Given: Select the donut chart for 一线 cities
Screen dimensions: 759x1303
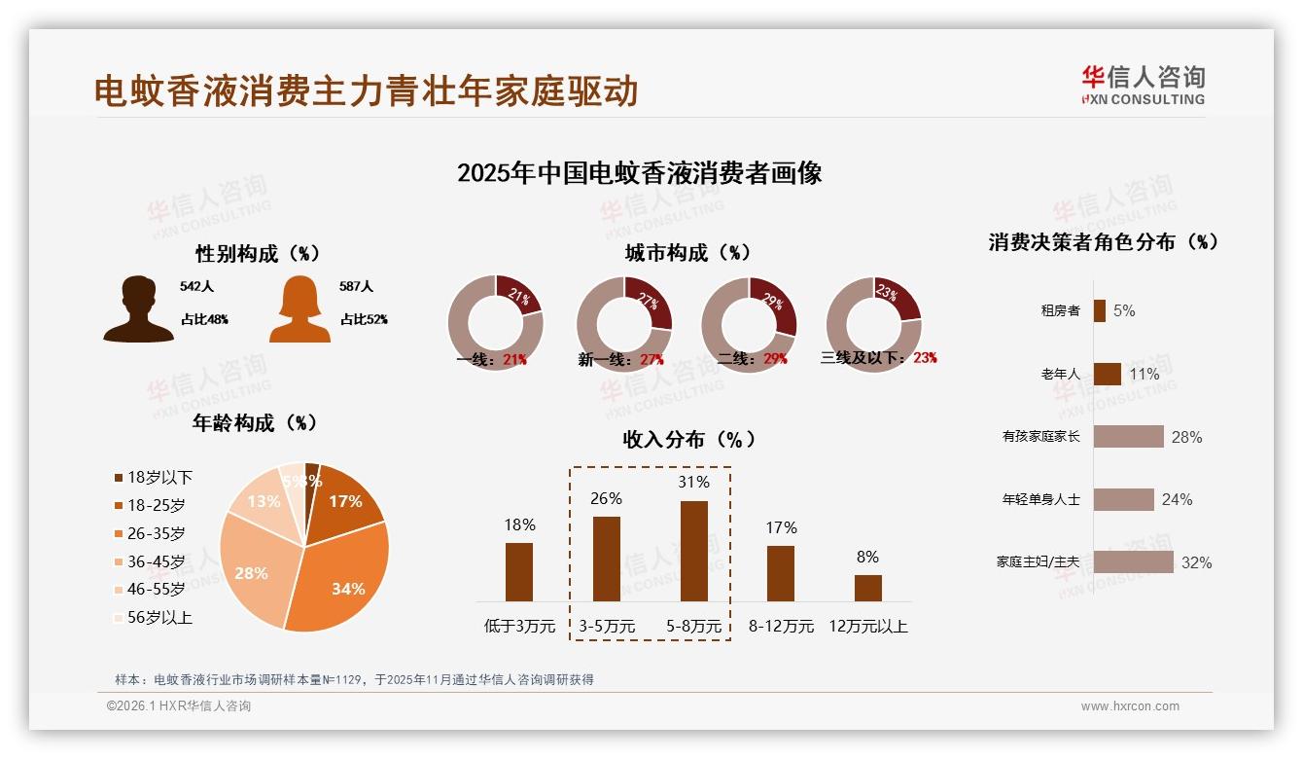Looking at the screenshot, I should pos(495,323).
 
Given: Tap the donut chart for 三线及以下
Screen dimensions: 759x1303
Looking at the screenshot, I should pos(873,323).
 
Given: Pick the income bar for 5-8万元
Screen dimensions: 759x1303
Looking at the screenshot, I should pos(693,551).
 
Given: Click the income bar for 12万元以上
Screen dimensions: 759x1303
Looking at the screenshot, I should pos(867,588).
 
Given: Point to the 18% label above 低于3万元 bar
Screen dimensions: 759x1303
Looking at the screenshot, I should pos(519,524).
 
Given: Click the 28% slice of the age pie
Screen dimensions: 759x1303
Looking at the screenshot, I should pos(251,569).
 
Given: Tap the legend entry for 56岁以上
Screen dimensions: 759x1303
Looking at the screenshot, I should pos(153,617).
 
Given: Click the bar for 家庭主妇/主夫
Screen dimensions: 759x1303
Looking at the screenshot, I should pos(1133,562).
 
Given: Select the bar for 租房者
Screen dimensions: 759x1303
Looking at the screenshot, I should pos(1099,311).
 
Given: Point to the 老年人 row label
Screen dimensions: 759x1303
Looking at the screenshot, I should pos(1060,375).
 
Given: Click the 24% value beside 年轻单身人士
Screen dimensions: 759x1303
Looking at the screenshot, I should pos(1177,500).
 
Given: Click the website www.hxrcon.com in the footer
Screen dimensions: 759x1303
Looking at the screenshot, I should pos(1130,706).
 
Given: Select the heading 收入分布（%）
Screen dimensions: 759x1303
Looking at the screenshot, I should pos(688,439).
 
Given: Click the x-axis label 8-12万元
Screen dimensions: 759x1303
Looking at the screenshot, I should pos(781,627).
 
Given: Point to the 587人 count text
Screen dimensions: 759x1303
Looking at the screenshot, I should pos(356,287).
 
